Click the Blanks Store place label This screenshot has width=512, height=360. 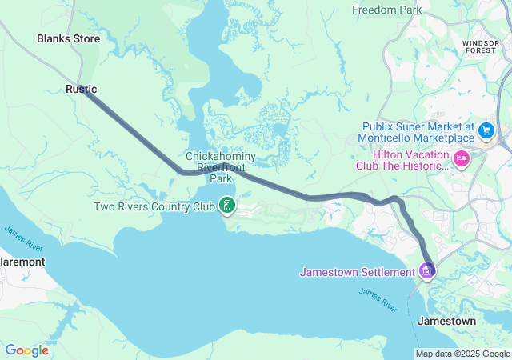(x=68, y=38)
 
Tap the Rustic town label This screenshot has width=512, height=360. (x=81, y=90)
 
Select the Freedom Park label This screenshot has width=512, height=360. (x=387, y=10)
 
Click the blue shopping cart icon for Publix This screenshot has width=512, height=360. (x=486, y=130)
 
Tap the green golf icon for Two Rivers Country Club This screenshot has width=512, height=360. (x=227, y=206)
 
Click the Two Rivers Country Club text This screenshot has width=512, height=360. (x=154, y=207)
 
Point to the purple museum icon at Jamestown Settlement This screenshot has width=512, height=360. (x=427, y=272)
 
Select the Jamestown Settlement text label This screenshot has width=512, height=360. (x=357, y=273)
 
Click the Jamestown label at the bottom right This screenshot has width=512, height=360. (x=446, y=321)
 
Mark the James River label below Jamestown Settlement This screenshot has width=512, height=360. (x=377, y=301)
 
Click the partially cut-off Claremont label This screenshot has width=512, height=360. (x=22, y=262)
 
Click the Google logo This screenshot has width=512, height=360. (x=26, y=350)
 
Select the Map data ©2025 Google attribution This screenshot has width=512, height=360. (x=462, y=354)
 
